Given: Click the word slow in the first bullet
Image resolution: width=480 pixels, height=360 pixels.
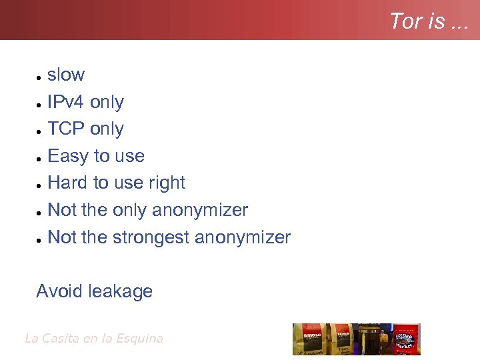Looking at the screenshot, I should click(66, 75).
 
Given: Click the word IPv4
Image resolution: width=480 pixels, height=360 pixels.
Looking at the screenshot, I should click(66, 102).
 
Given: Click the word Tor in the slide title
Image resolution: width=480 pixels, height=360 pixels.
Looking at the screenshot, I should click(404, 21).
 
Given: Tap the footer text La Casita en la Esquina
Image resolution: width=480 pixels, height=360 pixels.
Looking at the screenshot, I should click(93, 339).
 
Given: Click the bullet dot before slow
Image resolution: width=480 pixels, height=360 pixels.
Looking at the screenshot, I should click(40, 78).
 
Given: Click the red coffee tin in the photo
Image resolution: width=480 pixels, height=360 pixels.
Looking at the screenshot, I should click(406, 339).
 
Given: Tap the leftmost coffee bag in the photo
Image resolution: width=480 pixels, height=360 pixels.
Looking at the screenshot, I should click(307, 339).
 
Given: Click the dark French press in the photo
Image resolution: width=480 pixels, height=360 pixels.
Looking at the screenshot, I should click(367, 340).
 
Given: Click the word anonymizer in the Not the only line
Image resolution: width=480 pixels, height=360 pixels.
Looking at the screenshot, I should click(200, 210).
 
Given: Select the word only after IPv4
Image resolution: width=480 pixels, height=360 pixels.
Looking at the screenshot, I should click(107, 102).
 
